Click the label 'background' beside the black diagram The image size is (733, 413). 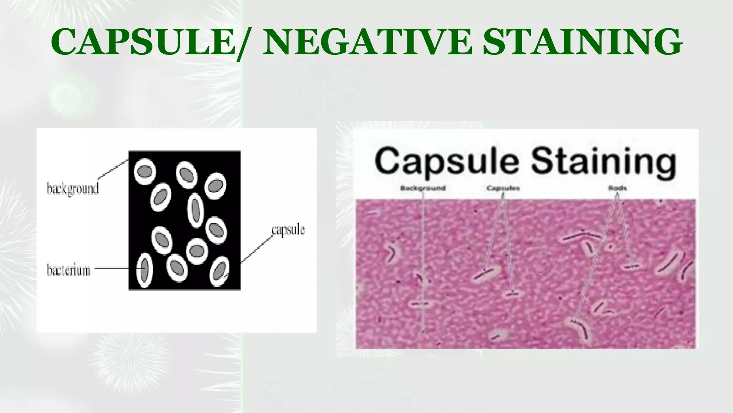pos(73,189)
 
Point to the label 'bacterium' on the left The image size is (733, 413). pos(69,270)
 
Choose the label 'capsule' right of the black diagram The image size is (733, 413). pos(288,230)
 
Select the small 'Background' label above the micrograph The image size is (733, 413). pos(423,188)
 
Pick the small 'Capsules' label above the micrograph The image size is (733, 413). pos(503,188)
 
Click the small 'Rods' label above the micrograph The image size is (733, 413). pos(617,188)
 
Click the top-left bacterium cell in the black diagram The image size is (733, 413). pos(145,171)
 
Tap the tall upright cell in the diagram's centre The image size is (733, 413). pos(195,210)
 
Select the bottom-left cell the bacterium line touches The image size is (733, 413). pos(145,270)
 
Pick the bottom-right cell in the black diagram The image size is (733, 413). pos(219,271)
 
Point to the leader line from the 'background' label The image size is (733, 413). pos(113,169)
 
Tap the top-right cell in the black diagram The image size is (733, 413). pos(215,186)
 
